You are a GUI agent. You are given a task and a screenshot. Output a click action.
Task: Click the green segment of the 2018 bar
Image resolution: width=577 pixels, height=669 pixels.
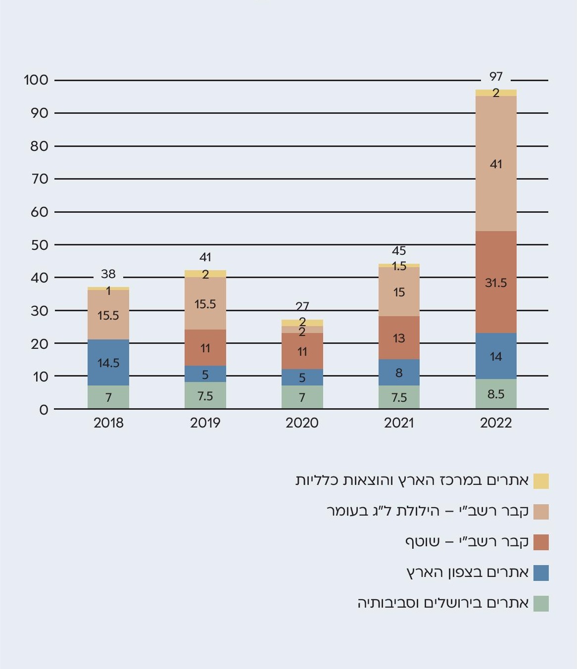point(108,397)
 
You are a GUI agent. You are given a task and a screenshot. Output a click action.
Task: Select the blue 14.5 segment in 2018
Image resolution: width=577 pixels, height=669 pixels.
point(108,363)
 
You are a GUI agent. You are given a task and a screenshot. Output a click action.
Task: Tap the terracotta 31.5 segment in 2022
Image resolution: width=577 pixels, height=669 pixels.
point(496,283)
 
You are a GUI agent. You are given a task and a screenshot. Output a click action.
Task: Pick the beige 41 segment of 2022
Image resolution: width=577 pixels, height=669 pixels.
point(496,164)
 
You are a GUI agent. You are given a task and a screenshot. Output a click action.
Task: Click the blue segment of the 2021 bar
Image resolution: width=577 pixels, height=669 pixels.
point(399,373)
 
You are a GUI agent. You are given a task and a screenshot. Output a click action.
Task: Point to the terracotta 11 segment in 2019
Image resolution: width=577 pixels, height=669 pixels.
point(205,348)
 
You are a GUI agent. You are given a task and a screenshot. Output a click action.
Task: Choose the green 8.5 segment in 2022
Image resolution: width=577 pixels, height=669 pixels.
point(496,394)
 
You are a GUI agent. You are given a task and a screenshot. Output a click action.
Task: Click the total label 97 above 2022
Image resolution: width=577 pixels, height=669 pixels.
point(496,77)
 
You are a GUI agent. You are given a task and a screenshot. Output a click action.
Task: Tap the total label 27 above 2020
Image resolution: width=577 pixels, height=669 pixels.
point(302,306)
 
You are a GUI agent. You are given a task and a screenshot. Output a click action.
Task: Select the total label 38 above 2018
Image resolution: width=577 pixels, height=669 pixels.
point(108,274)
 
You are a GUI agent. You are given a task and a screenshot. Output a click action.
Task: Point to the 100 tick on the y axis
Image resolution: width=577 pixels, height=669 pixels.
point(36,80)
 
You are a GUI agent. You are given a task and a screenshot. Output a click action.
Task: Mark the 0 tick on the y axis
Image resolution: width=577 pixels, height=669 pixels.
point(44,410)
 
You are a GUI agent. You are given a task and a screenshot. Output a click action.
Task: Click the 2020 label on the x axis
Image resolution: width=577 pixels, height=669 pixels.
point(302,423)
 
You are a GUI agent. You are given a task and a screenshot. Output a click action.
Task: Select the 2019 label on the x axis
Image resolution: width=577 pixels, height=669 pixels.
point(205,423)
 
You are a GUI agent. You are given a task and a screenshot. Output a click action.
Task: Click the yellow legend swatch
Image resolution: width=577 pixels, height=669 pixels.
point(541,481)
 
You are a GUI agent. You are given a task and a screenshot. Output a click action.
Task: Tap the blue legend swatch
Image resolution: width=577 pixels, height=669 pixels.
point(541,573)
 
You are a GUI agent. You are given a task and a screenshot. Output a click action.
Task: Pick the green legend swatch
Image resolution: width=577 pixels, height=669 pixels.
point(541,604)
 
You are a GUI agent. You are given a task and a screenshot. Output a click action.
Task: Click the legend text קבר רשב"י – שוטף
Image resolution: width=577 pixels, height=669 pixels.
point(467,542)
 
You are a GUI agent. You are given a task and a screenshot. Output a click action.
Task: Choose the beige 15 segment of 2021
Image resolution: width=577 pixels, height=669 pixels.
point(399,292)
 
